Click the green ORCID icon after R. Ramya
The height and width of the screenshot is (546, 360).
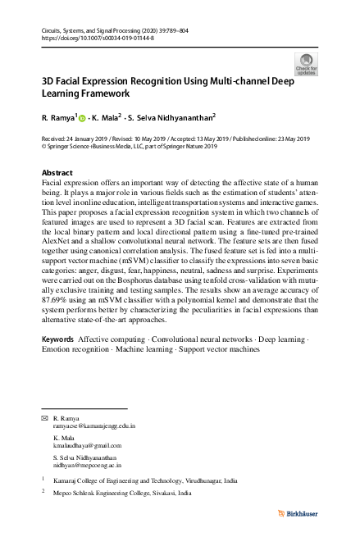83,118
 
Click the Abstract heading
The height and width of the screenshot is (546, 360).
57,172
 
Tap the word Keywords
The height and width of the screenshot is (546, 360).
57,362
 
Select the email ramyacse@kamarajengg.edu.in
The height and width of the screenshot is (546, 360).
93,427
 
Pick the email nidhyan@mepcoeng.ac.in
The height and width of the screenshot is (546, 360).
88,464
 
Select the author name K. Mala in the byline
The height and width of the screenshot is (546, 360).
107,118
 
